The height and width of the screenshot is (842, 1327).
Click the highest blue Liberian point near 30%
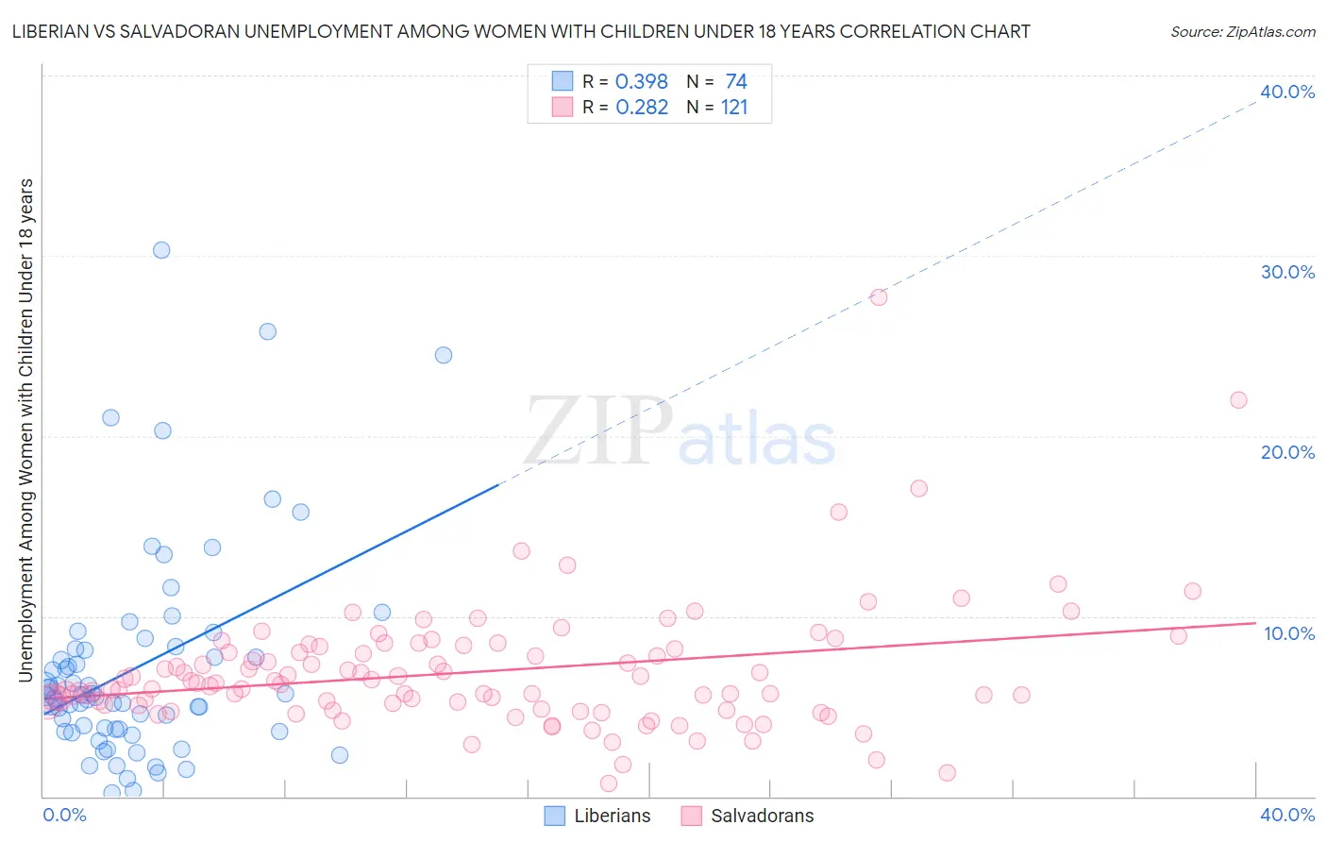tap(161, 250)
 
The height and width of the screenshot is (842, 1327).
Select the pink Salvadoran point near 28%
tap(879, 296)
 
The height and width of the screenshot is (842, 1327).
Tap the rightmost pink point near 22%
tap(1238, 399)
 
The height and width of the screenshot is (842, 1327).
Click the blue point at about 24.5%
tap(444, 355)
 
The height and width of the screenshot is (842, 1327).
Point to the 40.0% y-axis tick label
tap(1287, 92)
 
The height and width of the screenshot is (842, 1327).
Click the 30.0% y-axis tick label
tap(1287, 272)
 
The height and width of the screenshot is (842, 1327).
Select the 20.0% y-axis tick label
tap(1287, 452)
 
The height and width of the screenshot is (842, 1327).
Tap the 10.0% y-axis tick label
tap(1289, 633)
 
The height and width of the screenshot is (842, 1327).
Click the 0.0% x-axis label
tap(64, 815)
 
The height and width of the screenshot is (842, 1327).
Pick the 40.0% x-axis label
tap(1287, 815)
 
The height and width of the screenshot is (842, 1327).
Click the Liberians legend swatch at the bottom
tap(555, 816)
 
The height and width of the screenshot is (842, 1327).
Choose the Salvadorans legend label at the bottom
tap(762, 816)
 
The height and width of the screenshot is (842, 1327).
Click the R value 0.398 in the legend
tap(642, 82)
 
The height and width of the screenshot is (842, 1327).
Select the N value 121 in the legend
tap(734, 108)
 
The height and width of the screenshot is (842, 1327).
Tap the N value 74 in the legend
tap(736, 82)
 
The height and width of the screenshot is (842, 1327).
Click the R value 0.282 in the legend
tap(642, 108)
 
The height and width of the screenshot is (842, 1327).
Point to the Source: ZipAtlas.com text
tap(1242, 31)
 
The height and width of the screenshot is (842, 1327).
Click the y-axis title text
tap(25, 429)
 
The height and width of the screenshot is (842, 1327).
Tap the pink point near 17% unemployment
tap(919, 488)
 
